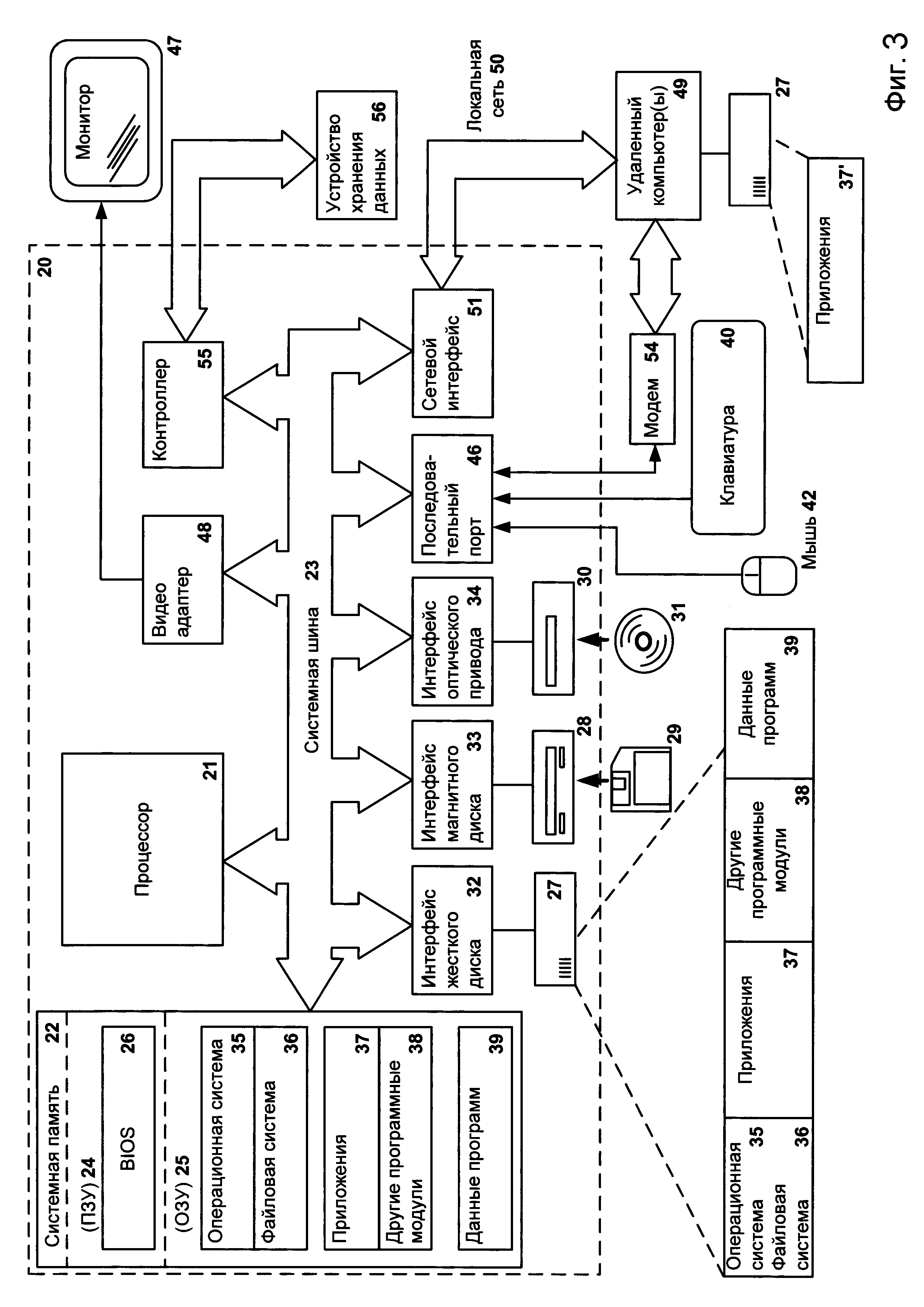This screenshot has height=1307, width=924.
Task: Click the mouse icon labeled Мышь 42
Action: [x=768, y=576]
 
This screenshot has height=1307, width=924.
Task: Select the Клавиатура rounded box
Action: [x=728, y=427]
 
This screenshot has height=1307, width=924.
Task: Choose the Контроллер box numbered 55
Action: [x=183, y=404]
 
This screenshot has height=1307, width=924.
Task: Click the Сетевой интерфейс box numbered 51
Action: [x=452, y=352]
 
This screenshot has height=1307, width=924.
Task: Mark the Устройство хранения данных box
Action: [x=357, y=155]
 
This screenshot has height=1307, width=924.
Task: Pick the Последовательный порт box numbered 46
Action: [x=452, y=499]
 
